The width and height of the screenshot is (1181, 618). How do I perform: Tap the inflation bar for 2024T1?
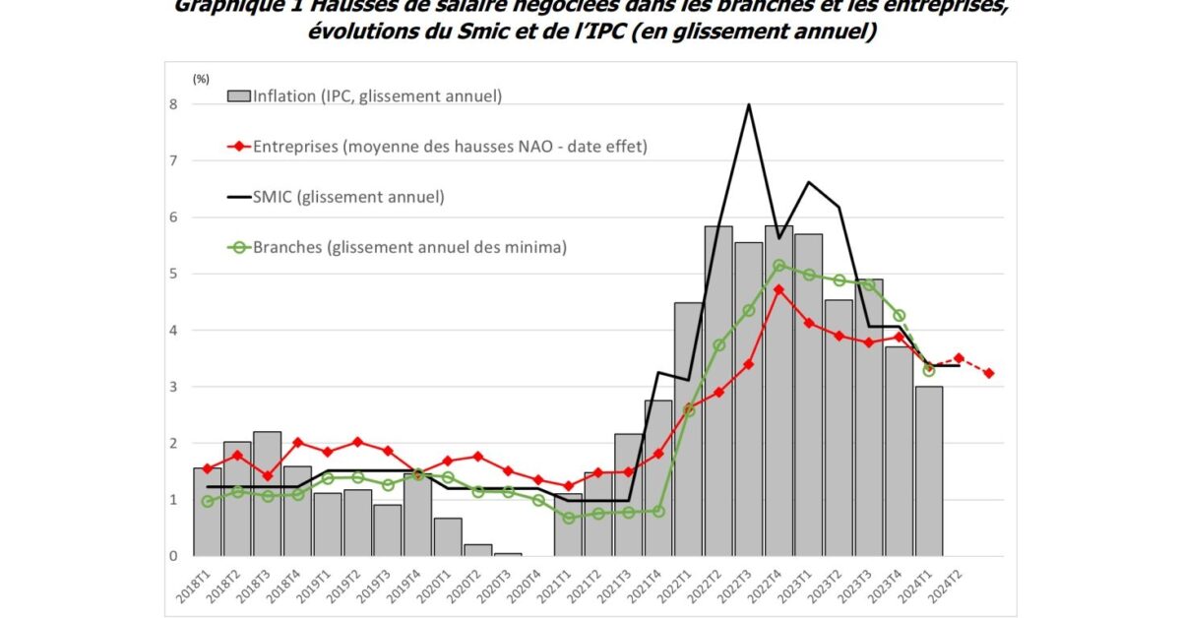coord(928,471)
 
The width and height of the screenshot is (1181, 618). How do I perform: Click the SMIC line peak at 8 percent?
coord(749,104)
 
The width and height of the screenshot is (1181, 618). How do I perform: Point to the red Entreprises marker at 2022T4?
coord(778,289)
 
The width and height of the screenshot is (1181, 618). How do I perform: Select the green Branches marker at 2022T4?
coord(778,265)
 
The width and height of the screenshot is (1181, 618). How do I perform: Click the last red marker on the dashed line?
coord(988,373)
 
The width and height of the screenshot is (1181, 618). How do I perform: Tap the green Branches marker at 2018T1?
coord(208,502)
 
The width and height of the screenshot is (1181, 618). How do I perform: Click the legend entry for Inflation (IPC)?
coord(364,96)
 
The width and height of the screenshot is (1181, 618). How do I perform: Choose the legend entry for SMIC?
coord(336,197)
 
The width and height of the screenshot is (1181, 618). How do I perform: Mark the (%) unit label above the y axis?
coord(201,78)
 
